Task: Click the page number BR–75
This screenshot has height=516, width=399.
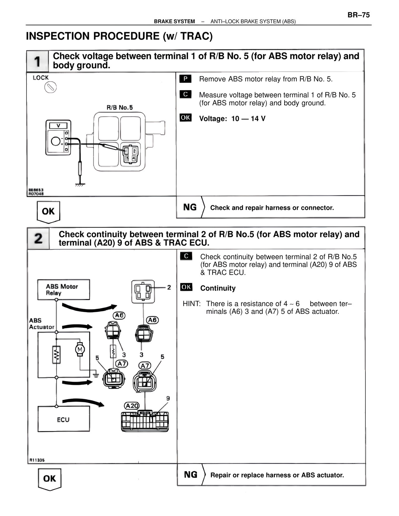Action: [x=358, y=15]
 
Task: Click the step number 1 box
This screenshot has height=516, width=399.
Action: [x=37, y=61]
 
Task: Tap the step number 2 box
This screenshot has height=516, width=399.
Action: [x=38, y=238]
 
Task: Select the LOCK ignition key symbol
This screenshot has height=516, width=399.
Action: [x=50, y=88]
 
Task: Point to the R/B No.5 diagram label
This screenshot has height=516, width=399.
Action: [x=119, y=107]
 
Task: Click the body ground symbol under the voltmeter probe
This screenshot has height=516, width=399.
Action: [x=80, y=184]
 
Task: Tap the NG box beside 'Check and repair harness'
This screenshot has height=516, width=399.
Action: [x=190, y=207]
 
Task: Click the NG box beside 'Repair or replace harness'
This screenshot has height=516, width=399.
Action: [x=190, y=475]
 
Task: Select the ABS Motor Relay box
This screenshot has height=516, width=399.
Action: [x=64, y=290]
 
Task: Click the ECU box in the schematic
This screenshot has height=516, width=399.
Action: [x=64, y=419]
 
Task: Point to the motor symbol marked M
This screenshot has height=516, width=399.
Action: [x=80, y=349]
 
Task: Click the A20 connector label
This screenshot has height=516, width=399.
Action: [x=132, y=406]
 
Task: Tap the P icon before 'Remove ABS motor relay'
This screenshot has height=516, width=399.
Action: [x=185, y=79]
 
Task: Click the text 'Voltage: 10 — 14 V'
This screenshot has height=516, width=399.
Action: [x=232, y=119]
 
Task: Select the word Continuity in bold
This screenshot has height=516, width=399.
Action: [x=218, y=288]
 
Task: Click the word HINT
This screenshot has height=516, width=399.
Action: [x=191, y=304]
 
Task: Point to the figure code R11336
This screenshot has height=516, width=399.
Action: [x=37, y=460]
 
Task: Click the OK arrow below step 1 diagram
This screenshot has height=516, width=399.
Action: [x=48, y=212]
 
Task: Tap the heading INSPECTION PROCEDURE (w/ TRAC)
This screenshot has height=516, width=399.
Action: [x=119, y=36]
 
